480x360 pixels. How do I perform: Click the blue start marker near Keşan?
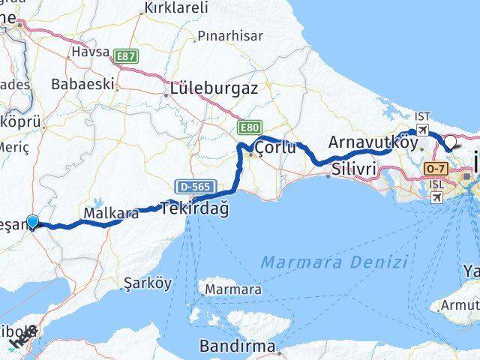32,222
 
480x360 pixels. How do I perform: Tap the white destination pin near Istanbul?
451,142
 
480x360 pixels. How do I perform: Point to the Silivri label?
352,170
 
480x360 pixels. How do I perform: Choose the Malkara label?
111,214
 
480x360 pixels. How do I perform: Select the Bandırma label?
238,346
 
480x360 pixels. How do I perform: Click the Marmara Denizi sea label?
334,262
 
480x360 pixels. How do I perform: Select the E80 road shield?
250,127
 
